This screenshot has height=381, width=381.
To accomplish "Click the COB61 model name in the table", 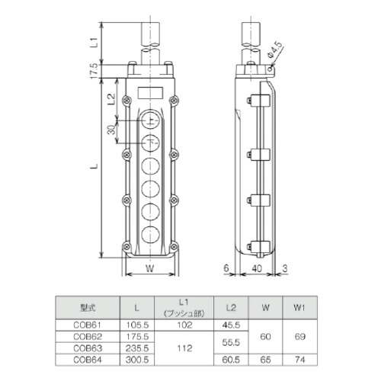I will (87, 323).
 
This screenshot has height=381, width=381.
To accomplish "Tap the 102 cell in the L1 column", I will (185, 323).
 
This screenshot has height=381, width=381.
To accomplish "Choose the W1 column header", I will (299, 308).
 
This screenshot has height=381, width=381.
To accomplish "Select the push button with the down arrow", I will (151, 142).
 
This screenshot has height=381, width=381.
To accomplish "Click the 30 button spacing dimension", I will (112, 131).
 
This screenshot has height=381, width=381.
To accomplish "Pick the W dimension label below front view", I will (150, 269).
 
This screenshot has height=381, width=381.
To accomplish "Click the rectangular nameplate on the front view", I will (151, 94).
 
